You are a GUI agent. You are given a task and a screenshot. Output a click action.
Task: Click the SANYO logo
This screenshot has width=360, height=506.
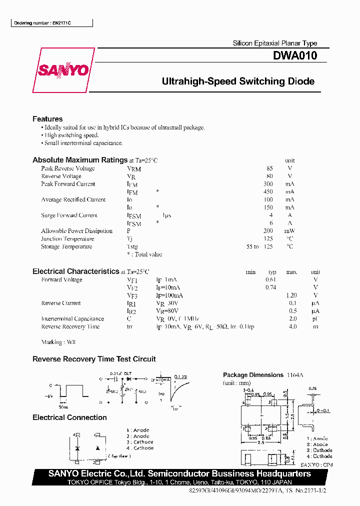pyautogui.click(x=63, y=70)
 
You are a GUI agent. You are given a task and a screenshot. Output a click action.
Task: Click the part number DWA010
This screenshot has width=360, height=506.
pyautogui.click(x=294, y=56)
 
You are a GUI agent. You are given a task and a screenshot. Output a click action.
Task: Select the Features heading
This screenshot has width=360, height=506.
pyautogui.click(x=47, y=119)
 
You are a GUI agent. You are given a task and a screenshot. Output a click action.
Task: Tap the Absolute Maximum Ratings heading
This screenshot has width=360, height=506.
pyautogui.click(x=80, y=160)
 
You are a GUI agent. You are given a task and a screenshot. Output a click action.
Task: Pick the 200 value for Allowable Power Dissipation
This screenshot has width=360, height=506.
pyautogui.click(x=268, y=231)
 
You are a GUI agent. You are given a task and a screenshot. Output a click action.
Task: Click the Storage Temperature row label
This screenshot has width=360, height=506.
pyautogui.click(x=66, y=246)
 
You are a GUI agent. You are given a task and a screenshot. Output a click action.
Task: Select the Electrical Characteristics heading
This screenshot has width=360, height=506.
pyautogui.click(x=75, y=271)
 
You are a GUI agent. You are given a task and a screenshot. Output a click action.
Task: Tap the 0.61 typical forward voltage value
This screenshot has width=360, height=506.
pyautogui.click(x=270, y=280)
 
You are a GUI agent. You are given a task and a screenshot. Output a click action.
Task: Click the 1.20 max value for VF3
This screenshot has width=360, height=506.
pyautogui.click(x=291, y=295)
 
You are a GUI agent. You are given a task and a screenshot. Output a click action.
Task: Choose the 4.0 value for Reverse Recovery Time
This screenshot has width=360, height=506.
pyautogui.click(x=292, y=326)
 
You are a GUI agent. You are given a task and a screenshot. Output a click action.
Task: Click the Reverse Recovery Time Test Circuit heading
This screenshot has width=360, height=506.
pyautogui.click(x=94, y=359)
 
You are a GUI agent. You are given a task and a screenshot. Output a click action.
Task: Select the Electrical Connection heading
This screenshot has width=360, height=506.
pyautogui.click(x=69, y=417)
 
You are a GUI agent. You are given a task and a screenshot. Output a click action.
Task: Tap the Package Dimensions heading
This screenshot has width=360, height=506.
pyautogui.click(x=253, y=375)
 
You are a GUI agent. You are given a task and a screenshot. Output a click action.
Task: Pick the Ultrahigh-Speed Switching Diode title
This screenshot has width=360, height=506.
pyautogui.click(x=238, y=81)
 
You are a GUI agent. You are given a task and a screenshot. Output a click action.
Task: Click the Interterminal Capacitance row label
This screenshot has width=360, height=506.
pyautogui.click(x=72, y=319)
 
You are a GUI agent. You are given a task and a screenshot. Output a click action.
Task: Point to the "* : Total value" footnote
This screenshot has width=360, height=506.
pyautogui.click(x=144, y=254)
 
